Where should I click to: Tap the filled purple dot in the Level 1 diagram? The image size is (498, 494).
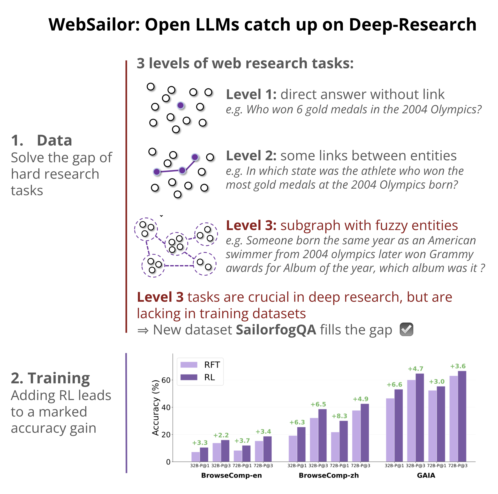181,105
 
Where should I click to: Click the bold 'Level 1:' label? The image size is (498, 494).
251,94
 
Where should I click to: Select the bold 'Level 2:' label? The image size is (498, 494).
251,155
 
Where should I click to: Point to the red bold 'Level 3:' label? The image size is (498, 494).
251,225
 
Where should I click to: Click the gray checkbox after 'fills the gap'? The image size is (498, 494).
406,329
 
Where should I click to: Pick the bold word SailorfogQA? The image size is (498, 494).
276,330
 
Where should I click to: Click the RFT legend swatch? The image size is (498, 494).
189,365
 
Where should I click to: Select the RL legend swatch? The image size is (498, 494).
189,377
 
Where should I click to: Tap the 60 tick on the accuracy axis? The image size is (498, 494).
166,380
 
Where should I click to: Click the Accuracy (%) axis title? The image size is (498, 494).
155,408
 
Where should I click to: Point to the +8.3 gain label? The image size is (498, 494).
339,416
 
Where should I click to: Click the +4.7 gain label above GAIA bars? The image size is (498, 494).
415,369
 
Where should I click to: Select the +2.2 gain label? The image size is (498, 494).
221,435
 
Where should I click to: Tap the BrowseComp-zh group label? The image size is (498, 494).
329,475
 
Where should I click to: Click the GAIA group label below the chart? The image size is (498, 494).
426,475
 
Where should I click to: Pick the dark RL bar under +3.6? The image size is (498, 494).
462,416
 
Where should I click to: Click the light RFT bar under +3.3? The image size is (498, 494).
196,457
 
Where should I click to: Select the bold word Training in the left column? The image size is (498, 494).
59,378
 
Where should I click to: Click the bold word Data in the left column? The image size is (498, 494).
54,140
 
